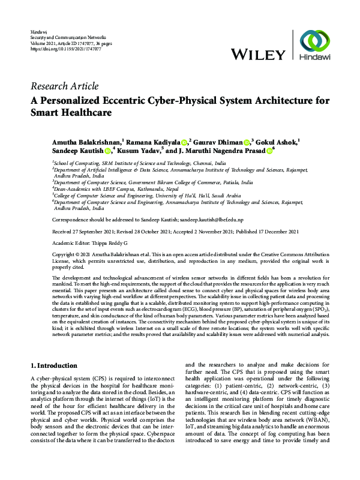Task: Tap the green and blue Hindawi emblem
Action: [315, 43]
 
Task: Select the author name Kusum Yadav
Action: [140, 151]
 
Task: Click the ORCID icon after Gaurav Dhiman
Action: [247, 141]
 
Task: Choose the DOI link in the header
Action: [58, 47]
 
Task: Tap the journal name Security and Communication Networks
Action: [64, 37]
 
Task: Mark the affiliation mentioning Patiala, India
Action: [153, 182]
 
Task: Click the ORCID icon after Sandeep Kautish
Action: [107, 152]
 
